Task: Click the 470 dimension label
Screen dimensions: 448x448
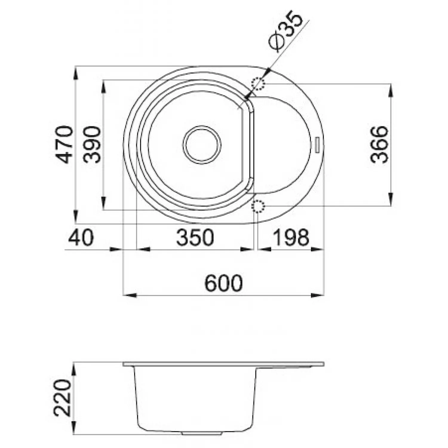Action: tap(64, 145)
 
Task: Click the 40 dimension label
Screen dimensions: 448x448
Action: tap(81, 237)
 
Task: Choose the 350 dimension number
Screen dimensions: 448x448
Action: tap(195, 237)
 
